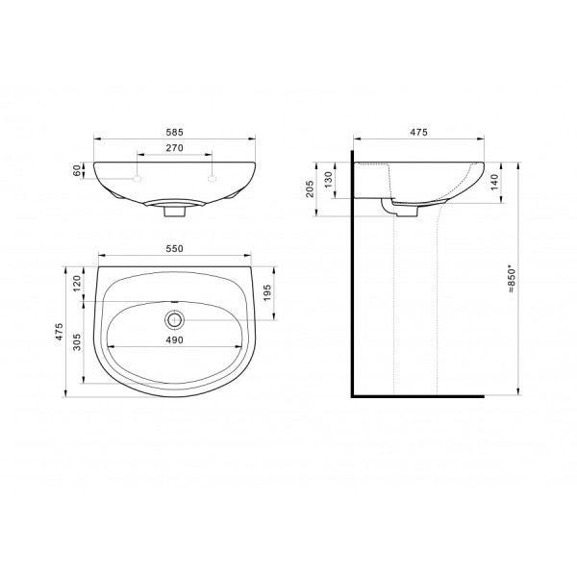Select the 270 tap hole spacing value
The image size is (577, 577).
[x=174, y=149]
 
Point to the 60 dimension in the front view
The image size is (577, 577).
[x=78, y=170]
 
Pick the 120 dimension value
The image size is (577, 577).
[x=78, y=285]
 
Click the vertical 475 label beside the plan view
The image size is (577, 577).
[x=60, y=332]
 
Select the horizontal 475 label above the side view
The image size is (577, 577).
[x=417, y=131]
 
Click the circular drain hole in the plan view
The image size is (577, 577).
[x=174, y=316]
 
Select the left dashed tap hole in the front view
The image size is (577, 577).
[x=138, y=180]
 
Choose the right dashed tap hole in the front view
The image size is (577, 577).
[x=212, y=180]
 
